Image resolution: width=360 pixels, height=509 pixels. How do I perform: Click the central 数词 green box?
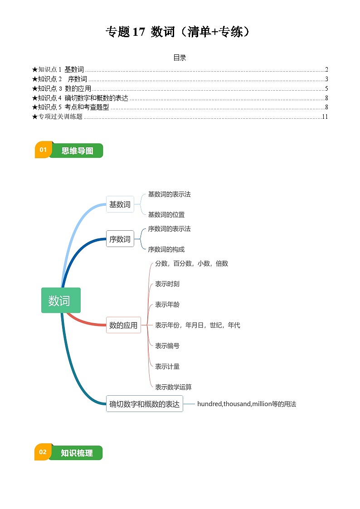61,300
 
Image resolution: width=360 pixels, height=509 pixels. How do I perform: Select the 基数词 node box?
120,204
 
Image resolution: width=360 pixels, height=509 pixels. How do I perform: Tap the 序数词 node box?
120,239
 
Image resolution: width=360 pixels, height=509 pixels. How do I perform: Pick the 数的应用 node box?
123,325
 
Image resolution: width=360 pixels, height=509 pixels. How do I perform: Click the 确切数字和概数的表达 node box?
144,403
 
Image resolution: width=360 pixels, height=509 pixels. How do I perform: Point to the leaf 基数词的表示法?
169,194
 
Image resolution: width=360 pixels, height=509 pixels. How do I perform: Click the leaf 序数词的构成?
166,249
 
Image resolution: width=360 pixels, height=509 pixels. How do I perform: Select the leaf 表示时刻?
167,284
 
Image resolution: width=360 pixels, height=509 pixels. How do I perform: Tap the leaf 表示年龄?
167,305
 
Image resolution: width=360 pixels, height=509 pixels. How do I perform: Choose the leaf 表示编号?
167,346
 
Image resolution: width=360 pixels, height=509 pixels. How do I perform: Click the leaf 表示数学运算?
173,387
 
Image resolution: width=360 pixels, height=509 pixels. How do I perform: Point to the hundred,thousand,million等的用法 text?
246,404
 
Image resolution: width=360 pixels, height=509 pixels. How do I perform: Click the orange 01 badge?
43,150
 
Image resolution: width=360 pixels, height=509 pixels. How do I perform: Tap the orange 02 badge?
43,452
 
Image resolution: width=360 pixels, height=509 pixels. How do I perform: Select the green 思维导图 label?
77,151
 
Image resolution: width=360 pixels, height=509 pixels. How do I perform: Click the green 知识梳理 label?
77,453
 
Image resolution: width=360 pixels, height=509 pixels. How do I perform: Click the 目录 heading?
180,58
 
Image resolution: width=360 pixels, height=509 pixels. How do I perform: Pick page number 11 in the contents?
325,116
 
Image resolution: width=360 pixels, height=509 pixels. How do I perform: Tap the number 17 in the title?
138,32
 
